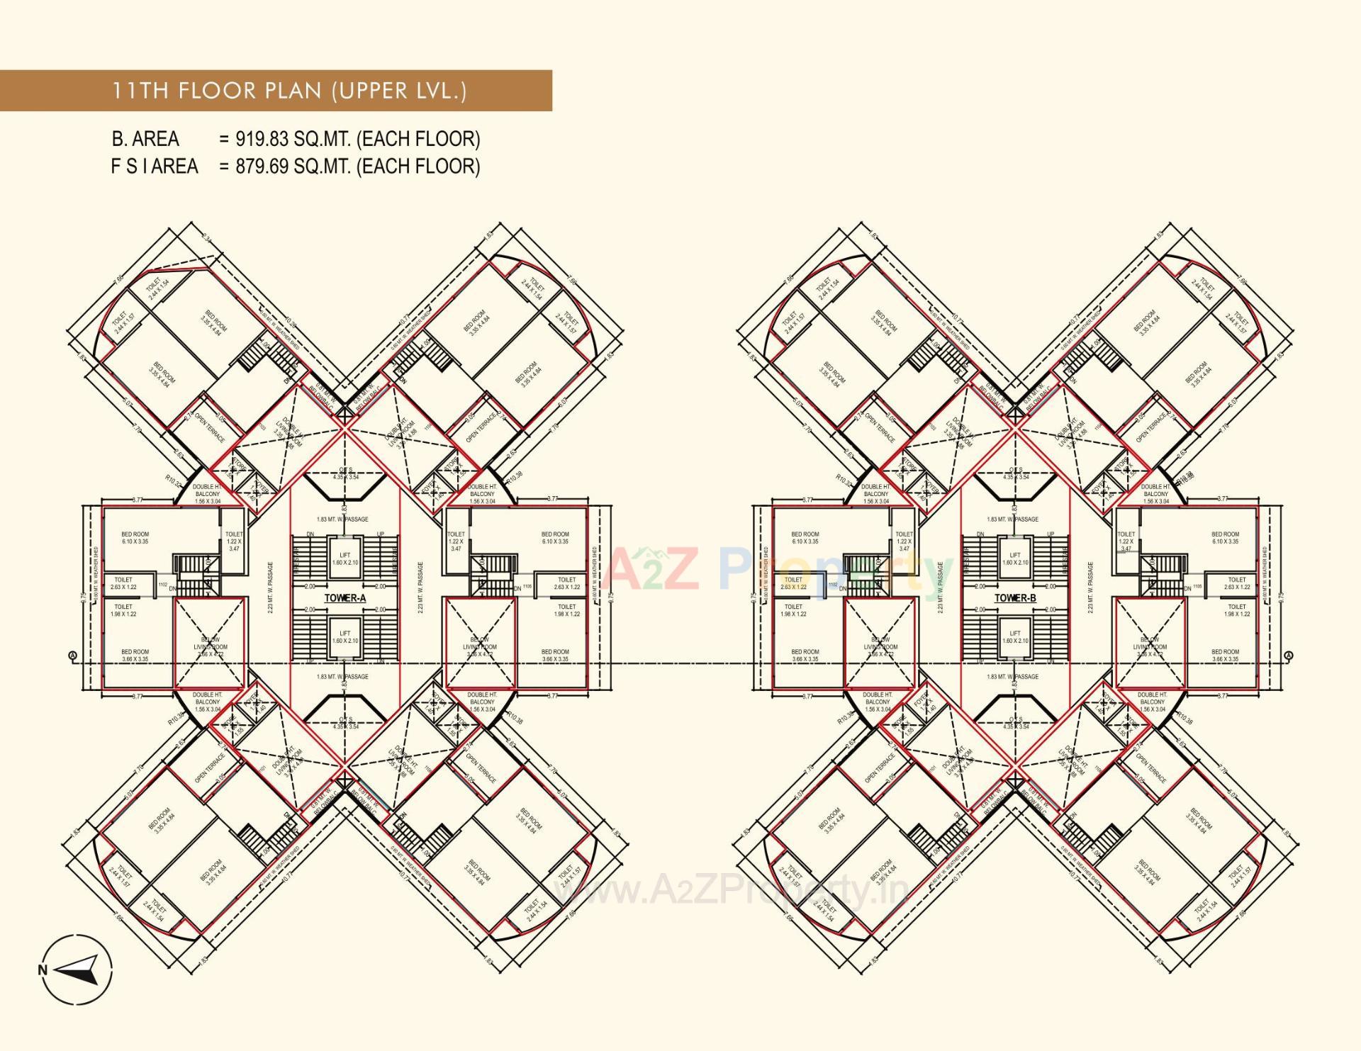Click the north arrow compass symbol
[77, 969]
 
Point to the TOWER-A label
[345, 598]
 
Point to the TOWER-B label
[1015, 598]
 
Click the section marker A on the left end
[72, 656]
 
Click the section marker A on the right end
[1289, 656]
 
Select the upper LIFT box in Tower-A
[345, 559]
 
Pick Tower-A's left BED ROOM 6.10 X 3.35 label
[135, 538]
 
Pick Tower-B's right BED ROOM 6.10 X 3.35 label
[1225, 538]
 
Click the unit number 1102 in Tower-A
[163, 585]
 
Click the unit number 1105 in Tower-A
[527, 586]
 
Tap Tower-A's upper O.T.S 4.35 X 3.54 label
[346, 473]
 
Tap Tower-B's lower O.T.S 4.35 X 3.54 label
[1015, 723]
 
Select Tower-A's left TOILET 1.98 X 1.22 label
[123, 610]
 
